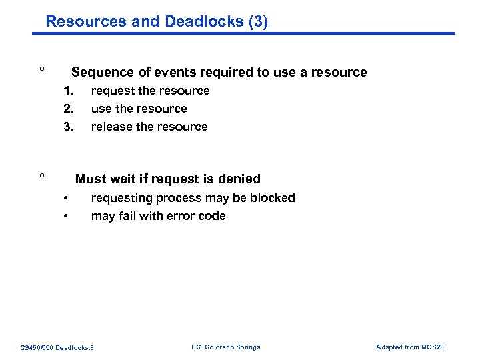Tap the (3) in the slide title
click(x=257, y=21)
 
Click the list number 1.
click(x=67, y=91)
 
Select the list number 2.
click(x=67, y=109)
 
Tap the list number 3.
click(x=67, y=127)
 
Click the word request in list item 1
click(x=112, y=91)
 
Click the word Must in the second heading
click(x=90, y=179)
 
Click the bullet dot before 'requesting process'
click(x=66, y=198)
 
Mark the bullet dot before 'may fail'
click(x=66, y=216)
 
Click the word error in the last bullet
click(x=181, y=216)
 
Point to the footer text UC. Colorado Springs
click(x=225, y=347)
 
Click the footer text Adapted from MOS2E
click(x=410, y=347)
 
